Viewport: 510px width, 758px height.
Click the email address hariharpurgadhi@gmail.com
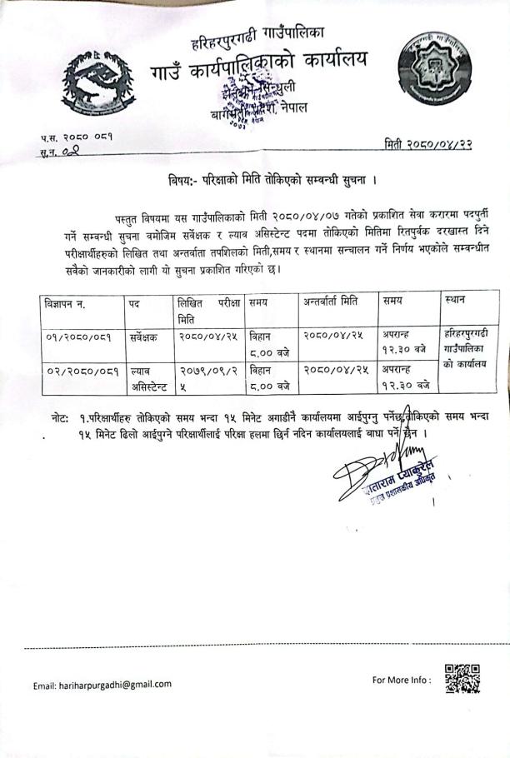pyautogui.click(x=102, y=685)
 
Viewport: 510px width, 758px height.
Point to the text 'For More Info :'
pyautogui.click(x=402, y=680)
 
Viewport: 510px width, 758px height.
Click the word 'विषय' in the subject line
pyautogui.click(x=182, y=180)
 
